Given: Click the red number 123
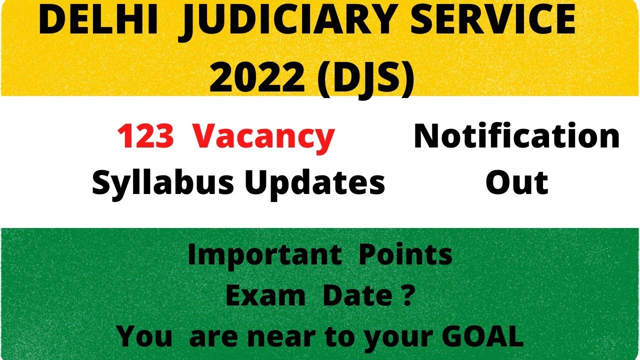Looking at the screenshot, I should (x=145, y=136).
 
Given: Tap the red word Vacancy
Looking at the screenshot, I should (x=264, y=136).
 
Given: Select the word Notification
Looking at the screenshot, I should (x=516, y=136).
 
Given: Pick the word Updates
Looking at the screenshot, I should (x=314, y=182).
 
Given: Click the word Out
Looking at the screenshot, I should (x=516, y=182).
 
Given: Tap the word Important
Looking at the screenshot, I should (x=264, y=255).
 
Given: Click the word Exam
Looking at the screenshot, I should (x=265, y=296).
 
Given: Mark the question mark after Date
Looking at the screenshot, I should (x=408, y=296).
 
